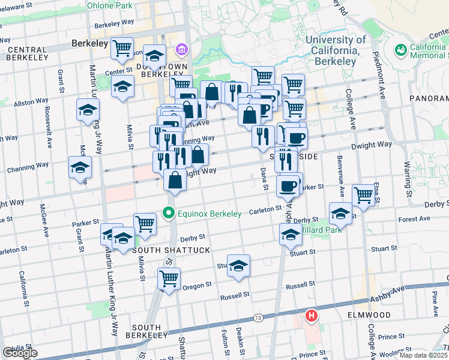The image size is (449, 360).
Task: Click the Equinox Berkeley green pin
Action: pos(169,213)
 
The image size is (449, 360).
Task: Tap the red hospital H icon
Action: pos(312,316)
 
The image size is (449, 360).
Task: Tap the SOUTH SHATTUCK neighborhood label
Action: pos(163,250)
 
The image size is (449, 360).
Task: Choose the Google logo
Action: pos(20,353)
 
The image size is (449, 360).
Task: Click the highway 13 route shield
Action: pos(258,317)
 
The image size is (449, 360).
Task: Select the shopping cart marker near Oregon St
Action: pos(169,278)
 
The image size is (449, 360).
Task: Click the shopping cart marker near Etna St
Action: pos(363,194)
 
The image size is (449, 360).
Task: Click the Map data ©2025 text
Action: pos(423,355)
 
